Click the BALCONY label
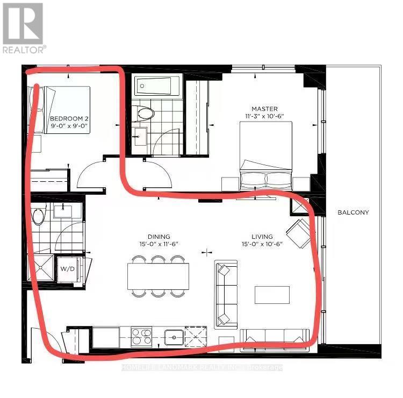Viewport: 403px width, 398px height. coord(353,212)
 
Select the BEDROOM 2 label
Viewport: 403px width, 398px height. coord(69,118)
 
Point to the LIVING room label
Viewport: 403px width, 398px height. coord(261,237)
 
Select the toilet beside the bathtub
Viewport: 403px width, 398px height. coord(145,113)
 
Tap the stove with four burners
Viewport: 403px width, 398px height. coord(141,337)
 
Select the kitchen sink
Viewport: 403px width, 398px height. coord(174,337)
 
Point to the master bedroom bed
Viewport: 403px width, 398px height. coord(267,156)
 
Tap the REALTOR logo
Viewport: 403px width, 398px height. coord(23,27)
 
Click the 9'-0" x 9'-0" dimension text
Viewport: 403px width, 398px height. coord(69,127)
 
